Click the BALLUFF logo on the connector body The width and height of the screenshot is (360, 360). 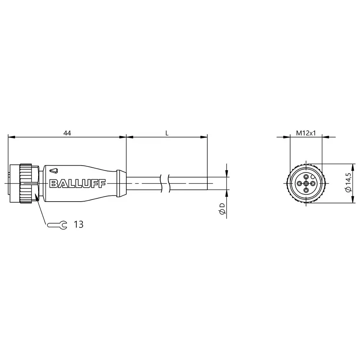[77, 184]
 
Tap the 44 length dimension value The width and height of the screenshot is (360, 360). [67, 133]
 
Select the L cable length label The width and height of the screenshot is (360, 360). [167, 133]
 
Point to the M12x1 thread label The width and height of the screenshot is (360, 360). [306, 133]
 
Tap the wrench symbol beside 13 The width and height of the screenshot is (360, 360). [58, 225]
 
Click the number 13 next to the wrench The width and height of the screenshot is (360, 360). [78, 225]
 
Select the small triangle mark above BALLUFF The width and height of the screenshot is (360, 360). [54, 170]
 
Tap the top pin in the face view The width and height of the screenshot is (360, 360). [306, 177]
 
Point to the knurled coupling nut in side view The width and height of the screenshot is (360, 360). [26, 184]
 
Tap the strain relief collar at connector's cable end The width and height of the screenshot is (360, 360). [122, 184]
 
